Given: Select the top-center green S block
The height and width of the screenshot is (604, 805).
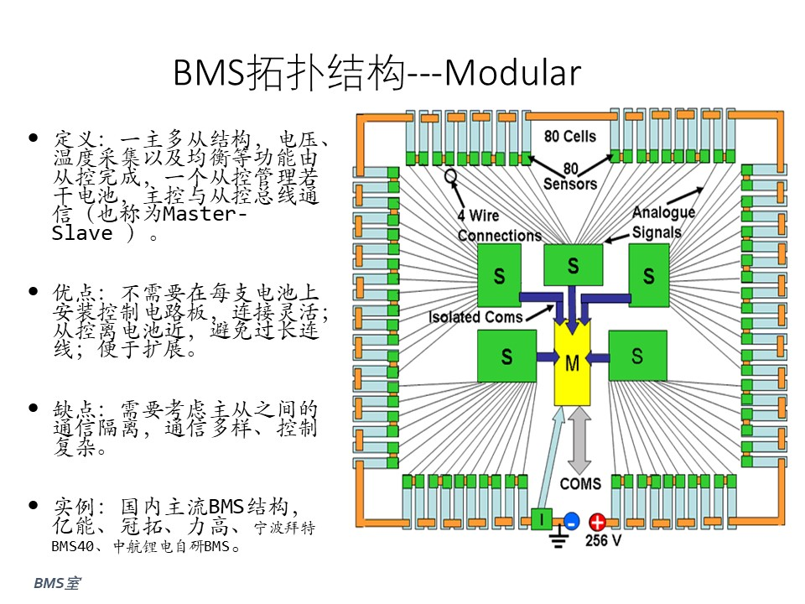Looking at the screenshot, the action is [x=573, y=265].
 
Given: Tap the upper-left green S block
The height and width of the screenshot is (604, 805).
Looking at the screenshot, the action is [x=499, y=275].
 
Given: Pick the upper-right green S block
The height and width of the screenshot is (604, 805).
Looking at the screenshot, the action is [x=649, y=275].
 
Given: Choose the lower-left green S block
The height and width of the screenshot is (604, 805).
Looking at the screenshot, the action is [x=506, y=356].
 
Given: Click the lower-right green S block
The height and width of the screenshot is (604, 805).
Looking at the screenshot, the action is [x=637, y=356].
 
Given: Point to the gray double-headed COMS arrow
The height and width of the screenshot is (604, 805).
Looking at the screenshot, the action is [x=579, y=440].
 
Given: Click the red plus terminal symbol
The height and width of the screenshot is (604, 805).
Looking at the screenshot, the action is [x=597, y=523].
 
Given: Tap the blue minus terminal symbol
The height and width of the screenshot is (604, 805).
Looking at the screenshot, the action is [x=571, y=521].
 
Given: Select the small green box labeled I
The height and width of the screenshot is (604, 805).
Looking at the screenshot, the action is [x=541, y=518].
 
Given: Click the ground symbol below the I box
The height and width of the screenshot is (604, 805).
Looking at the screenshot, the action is [x=558, y=539].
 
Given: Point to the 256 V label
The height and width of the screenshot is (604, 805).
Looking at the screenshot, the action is [x=603, y=540].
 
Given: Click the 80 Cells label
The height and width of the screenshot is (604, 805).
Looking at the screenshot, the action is [x=570, y=136].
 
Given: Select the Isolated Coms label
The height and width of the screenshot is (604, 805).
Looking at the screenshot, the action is [x=475, y=317].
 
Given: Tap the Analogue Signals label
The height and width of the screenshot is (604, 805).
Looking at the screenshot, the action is [x=662, y=221].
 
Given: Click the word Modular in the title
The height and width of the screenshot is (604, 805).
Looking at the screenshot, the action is [x=512, y=72].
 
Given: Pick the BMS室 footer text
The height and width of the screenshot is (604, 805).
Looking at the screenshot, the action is [x=57, y=583].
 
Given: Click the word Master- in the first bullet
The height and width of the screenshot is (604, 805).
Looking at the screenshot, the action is [x=205, y=214].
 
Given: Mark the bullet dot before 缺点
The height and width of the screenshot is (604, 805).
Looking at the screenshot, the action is [x=34, y=408].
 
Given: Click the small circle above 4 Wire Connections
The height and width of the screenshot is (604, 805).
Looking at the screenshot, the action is [x=450, y=176].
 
